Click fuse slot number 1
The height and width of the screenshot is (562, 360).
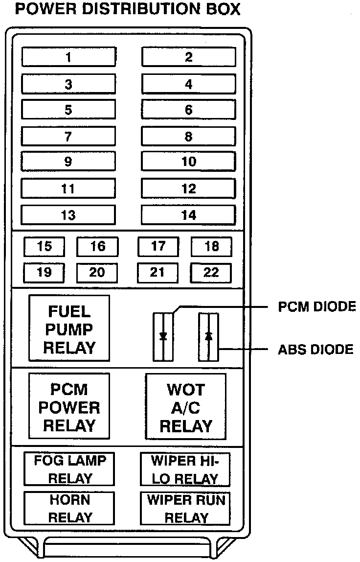point(68,57)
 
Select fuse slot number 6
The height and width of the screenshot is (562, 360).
point(189,110)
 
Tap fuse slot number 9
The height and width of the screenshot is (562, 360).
point(68,162)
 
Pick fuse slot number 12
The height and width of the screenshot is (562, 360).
point(189,188)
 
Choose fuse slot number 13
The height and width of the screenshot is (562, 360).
point(68,215)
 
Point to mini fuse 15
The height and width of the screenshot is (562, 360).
point(45,247)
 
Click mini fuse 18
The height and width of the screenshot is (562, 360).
point(211,247)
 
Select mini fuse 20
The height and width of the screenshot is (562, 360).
point(97,273)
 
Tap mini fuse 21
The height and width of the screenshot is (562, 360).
point(157,273)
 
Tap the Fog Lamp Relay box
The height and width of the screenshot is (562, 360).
point(70,469)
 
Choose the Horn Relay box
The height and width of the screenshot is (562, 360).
point(70,508)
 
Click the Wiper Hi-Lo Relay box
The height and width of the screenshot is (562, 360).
point(185,469)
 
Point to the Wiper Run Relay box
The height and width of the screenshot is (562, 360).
point(185,508)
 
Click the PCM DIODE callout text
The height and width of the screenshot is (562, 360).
point(316,307)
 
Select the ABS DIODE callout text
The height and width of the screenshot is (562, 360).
point(315,350)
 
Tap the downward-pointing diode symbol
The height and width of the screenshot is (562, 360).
point(163,336)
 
